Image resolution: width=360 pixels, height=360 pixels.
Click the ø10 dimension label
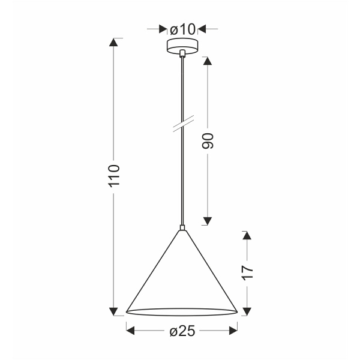pyautogui.click(x=182, y=29)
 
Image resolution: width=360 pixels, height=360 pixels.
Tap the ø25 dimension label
pyautogui.click(x=182, y=331)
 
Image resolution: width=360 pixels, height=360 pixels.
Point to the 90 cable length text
pyautogui.click(x=208, y=141)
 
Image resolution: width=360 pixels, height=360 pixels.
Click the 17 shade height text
pyautogui.click(x=246, y=272)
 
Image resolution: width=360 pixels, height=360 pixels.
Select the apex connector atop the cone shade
pyautogui.click(x=182, y=229)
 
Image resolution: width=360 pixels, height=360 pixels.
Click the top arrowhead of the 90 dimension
pyautogui.click(x=208, y=62)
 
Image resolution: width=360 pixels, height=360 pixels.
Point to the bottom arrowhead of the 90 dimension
pyautogui.click(x=208, y=220)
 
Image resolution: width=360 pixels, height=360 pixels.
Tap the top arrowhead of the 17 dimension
pyautogui.click(x=246, y=235)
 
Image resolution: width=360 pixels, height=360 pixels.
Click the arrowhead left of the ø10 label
pyautogui.click(x=162, y=29)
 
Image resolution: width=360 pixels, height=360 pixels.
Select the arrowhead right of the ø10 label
pyautogui.click(x=203, y=29)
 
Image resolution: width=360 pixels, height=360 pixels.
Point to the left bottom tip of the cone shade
pyautogui.click(x=127, y=311)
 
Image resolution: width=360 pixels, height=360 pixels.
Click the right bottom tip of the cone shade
pyautogui.click(x=238, y=311)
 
